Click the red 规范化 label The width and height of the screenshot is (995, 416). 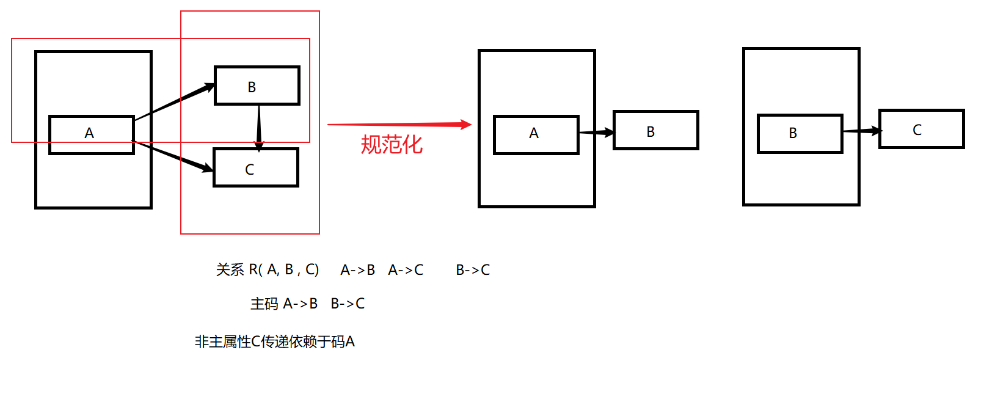(x=392, y=145)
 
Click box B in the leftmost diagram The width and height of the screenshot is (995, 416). (x=257, y=86)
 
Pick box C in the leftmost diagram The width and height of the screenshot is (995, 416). (x=255, y=168)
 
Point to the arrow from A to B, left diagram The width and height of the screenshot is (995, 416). (x=175, y=101)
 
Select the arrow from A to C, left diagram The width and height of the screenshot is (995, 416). (x=173, y=156)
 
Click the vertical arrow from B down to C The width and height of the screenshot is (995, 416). (x=259, y=126)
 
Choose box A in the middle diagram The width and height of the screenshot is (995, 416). (x=536, y=134)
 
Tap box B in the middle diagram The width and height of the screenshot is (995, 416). (x=655, y=130)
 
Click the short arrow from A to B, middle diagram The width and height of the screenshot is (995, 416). (x=596, y=132)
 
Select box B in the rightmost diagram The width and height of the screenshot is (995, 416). (x=800, y=133)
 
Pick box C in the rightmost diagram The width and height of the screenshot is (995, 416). (x=921, y=129)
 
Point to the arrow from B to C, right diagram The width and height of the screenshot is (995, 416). (x=861, y=131)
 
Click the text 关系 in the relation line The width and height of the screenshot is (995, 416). (x=230, y=270)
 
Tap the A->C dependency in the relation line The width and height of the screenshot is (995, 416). (x=406, y=270)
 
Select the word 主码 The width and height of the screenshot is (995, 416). (x=264, y=304)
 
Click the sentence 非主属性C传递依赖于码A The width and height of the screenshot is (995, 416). (x=274, y=341)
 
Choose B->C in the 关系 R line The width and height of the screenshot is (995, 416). (x=473, y=270)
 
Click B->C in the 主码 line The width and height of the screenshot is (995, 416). (x=348, y=304)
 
